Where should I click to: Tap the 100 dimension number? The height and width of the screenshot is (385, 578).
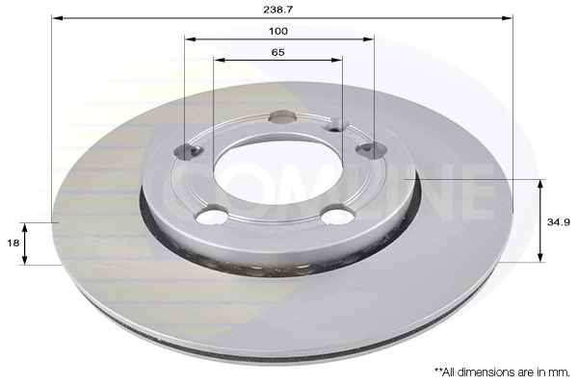(279, 31)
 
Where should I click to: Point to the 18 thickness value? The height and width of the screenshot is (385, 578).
(13, 244)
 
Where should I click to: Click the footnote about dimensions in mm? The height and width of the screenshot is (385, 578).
(501, 371)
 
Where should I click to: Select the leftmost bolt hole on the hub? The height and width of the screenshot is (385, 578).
(187, 151)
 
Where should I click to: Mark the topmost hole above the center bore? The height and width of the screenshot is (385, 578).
(282, 118)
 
